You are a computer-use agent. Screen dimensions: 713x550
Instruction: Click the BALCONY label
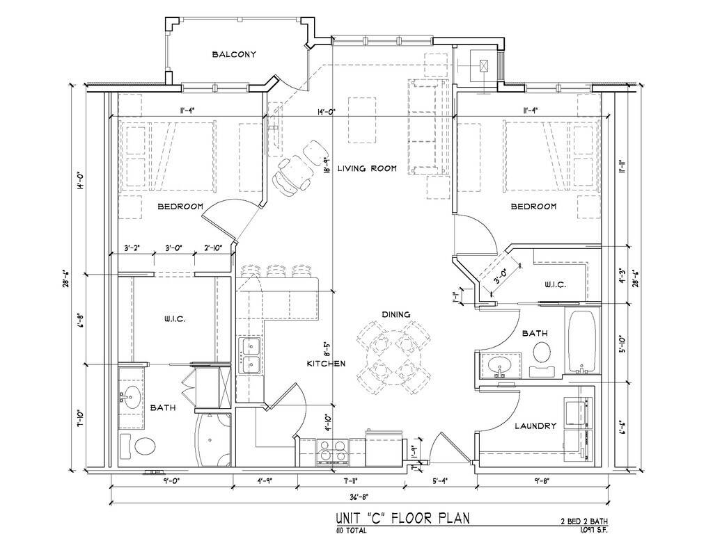(235, 54)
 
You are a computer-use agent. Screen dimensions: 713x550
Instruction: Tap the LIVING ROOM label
(367, 168)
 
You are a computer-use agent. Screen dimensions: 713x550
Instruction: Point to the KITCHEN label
(327, 364)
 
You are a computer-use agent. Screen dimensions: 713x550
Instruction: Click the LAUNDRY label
(535, 426)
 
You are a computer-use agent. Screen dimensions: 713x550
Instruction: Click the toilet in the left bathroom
(146, 446)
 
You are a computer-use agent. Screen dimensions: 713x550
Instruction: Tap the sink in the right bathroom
(499, 365)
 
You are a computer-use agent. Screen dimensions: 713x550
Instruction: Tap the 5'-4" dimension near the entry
(440, 480)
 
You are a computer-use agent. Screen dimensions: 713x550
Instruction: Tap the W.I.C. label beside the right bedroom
(554, 285)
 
